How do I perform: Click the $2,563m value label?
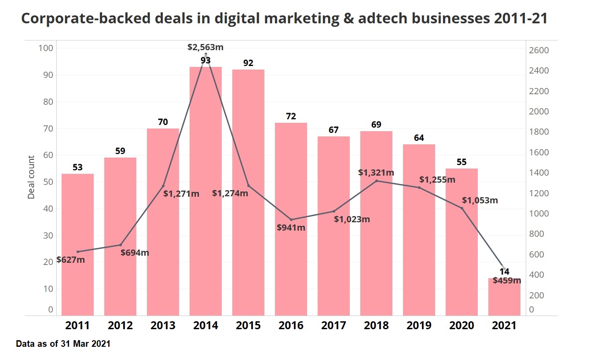(205, 47)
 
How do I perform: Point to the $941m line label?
(291, 228)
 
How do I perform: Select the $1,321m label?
(376, 173)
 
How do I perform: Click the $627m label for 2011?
(70, 260)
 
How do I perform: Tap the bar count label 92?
(248, 63)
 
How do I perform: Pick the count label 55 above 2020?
(461, 162)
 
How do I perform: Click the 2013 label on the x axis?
(163, 326)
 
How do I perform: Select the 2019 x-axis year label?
(419, 326)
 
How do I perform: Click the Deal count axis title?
(31, 177)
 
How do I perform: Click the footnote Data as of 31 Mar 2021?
(63, 344)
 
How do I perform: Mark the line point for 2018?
(376, 181)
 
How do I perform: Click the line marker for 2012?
(120, 245)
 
